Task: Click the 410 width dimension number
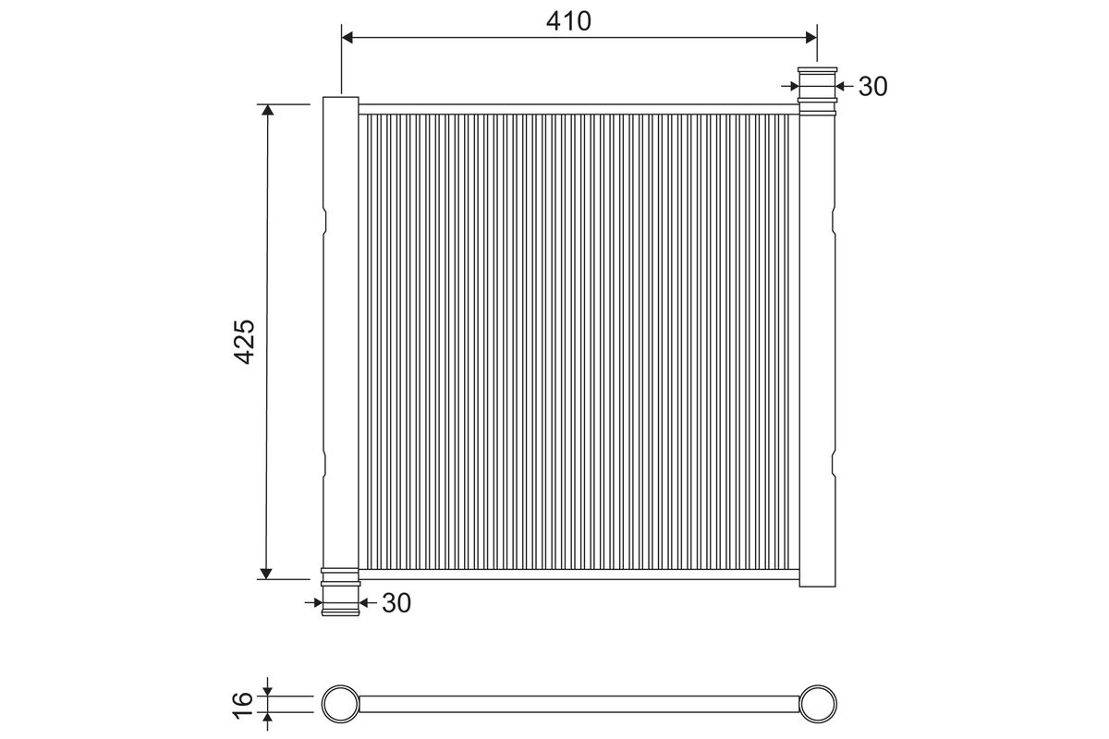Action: point(568,21)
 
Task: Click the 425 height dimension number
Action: point(244,342)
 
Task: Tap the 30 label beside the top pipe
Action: point(872,87)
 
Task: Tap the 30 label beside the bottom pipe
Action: point(396,603)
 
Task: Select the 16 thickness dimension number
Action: point(242,704)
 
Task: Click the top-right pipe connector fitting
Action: point(817,91)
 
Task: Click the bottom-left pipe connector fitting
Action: point(341,592)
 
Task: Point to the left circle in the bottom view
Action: point(341,704)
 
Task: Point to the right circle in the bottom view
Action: point(818,704)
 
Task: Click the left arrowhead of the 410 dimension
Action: point(347,37)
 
